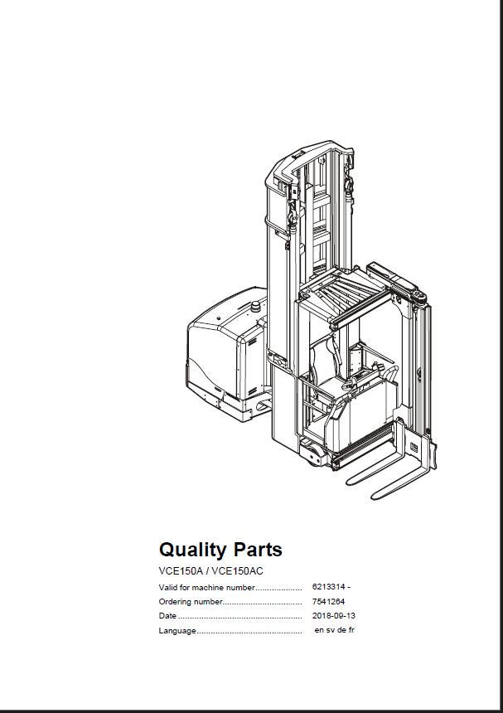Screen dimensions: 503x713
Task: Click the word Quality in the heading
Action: (x=192, y=550)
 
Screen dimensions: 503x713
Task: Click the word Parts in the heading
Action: (x=258, y=550)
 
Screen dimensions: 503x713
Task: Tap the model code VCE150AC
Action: (x=238, y=571)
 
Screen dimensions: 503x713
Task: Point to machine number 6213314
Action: (x=328, y=587)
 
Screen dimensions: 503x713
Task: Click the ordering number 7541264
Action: (x=328, y=602)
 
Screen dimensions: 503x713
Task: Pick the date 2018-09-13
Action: (x=333, y=616)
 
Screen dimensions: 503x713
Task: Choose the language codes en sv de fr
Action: (x=335, y=630)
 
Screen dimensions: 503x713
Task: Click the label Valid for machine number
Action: (x=206, y=588)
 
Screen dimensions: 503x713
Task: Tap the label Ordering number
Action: (x=191, y=602)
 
